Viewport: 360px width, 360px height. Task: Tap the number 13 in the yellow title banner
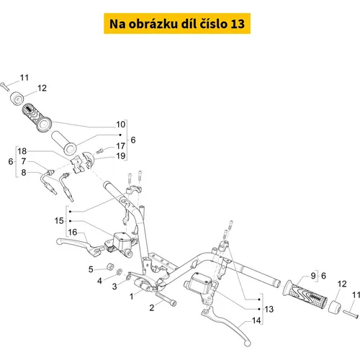pyautogui.click(x=238, y=24)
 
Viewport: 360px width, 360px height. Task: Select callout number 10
pyautogui.click(x=121, y=125)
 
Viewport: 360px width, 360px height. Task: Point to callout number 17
pyautogui.click(x=121, y=146)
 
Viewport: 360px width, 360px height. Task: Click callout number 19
pyautogui.click(x=121, y=156)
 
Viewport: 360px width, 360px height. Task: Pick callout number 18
pyautogui.click(x=22, y=151)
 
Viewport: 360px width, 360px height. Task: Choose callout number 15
pyautogui.click(x=59, y=221)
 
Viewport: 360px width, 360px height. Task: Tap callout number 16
pyautogui.click(x=73, y=233)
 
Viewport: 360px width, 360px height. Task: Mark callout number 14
pyautogui.click(x=256, y=320)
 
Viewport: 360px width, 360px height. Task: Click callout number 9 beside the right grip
pyautogui.click(x=313, y=276)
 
